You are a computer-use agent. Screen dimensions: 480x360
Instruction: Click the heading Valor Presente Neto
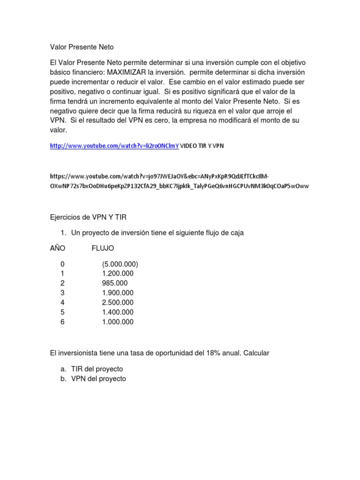(82, 47)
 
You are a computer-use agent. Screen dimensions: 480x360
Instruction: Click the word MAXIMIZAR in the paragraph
(127, 72)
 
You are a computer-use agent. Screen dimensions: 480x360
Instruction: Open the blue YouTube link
(114, 146)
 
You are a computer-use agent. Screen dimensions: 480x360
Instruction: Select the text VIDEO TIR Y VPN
(202, 146)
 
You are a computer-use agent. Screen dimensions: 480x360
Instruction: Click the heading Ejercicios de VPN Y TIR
(88, 217)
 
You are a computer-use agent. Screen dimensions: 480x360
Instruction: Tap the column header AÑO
(58, 248)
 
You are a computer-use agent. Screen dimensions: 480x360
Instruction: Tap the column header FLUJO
(103, 248)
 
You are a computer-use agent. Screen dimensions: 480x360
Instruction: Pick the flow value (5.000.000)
(120, 264)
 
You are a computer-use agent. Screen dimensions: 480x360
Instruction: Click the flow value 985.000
(114, 283)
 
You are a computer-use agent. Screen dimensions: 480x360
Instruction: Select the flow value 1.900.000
(117, 293)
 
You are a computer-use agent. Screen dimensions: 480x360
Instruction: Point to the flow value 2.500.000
(117, 302)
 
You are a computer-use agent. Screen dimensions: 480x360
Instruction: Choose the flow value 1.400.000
(117, 312)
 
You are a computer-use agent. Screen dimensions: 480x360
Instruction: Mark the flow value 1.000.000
(117, 322)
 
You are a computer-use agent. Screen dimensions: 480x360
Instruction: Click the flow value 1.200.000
(117, 274)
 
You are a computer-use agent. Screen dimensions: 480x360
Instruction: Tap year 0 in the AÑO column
(62, 264)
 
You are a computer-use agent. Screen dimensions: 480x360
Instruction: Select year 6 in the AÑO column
(62, 322)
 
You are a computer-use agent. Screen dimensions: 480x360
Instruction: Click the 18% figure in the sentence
(213, 353)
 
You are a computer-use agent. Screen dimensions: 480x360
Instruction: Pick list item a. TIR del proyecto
(97, 369)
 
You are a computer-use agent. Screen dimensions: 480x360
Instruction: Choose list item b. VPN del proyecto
(98, 379)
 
